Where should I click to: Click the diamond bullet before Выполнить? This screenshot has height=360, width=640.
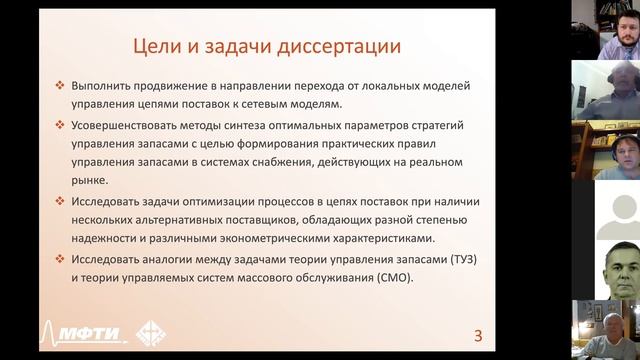[x=61, y=87]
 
